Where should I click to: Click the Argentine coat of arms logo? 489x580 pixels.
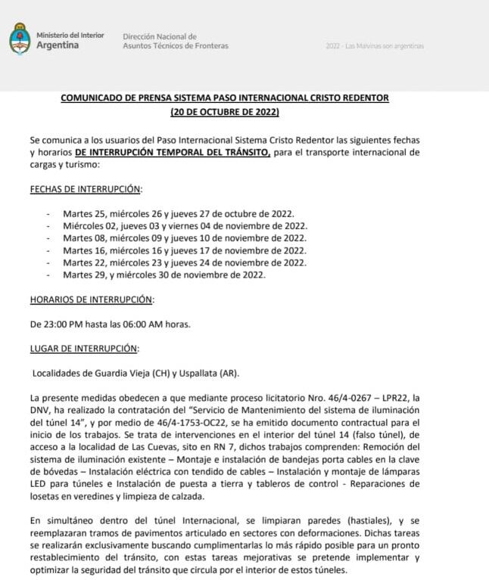tap(20, 40)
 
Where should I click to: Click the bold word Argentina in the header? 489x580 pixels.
tap(58, 45)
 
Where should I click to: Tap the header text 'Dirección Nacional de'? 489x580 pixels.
tap(160, 36)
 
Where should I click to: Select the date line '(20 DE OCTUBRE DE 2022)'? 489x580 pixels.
tap(225, 112)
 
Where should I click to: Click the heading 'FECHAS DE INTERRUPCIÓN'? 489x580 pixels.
tap(86, 188)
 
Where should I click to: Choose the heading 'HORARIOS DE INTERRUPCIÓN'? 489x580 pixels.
tap(91, 299)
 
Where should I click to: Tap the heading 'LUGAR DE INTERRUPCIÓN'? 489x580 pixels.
tap(84, 349)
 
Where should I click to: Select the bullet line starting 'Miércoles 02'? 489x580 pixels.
tap(184, 225)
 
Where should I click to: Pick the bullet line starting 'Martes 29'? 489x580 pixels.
tap(164, 274)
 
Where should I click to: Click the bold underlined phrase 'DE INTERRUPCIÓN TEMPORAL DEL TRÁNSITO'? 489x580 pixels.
tap(194, 152)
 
